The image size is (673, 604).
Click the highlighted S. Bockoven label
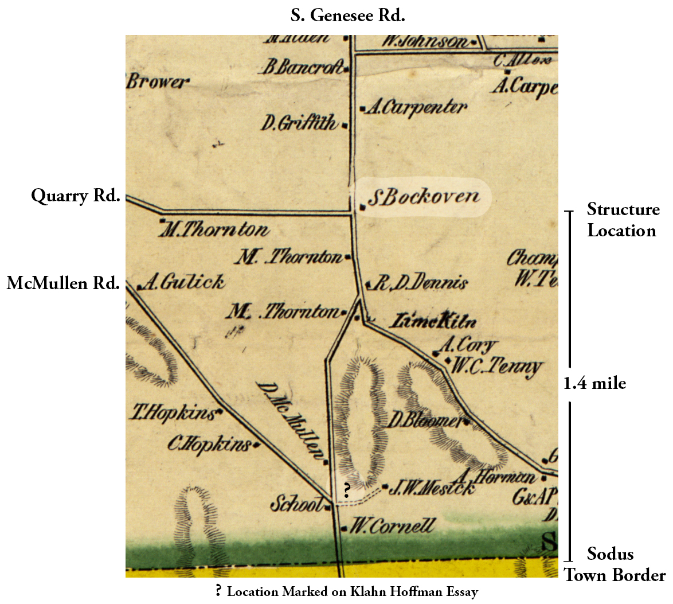423,197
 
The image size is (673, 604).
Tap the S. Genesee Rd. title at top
347,15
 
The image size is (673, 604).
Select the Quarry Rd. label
76,196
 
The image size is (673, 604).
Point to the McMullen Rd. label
63,283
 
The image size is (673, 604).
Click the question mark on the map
346,490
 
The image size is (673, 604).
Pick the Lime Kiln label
432,321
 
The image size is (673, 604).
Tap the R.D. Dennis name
420,283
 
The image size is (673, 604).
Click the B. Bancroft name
303,68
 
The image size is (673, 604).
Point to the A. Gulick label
183,282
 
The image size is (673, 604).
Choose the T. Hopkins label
174,412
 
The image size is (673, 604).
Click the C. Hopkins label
209,444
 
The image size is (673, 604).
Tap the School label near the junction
296,505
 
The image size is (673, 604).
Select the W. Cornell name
392,526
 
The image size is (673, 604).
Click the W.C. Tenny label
496,366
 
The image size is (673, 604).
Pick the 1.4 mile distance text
594,383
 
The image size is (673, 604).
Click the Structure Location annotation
623,220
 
